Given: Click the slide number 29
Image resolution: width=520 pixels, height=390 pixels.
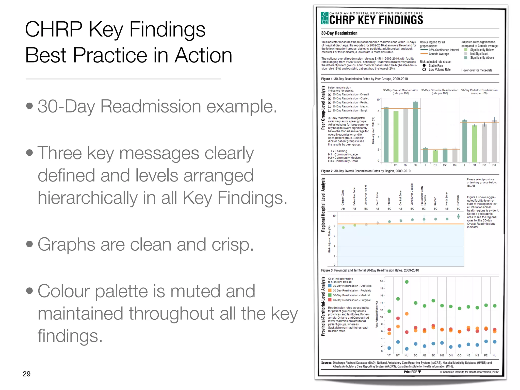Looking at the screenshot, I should [x=26, y=374].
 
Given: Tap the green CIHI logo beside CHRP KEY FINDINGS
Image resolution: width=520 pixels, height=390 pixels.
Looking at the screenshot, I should [x=324, y=18].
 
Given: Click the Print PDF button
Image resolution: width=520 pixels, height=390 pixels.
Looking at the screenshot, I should [x=412, y=372].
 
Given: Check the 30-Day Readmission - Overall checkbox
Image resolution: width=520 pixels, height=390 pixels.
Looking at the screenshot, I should [x=330, y=94].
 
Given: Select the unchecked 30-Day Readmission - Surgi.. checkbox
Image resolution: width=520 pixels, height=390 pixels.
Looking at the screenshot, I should [x=330, y=110].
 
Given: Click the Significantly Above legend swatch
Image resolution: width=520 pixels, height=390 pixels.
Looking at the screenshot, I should [x=466, y=58].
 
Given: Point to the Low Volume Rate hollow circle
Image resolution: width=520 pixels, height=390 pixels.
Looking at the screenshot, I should [x=424, y=70].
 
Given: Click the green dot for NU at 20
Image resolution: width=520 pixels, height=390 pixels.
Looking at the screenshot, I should [x=407, y=282].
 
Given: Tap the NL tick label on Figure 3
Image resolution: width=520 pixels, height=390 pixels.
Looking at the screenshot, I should [x=494, y=355].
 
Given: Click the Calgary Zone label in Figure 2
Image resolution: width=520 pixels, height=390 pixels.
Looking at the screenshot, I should [x=343, y=198].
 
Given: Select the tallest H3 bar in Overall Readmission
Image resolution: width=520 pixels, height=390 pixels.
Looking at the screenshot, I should [x=415, y=132].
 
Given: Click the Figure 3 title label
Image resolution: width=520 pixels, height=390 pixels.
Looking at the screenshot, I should [x=370, y=270].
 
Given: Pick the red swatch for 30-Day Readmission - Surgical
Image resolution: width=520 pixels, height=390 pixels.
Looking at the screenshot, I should [x=330, y=300].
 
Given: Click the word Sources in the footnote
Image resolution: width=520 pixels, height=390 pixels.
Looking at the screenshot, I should [x=326, y=363].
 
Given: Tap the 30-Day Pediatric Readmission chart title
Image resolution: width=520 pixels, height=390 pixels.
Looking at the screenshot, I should [x=479, y=90].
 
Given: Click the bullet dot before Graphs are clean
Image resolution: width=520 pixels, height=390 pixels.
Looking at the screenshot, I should [x=29, y=244].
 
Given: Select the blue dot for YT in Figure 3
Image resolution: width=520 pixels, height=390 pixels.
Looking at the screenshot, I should [x=389, y=348].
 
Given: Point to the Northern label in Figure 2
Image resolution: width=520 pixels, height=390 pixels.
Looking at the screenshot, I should [x=458, y=200].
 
